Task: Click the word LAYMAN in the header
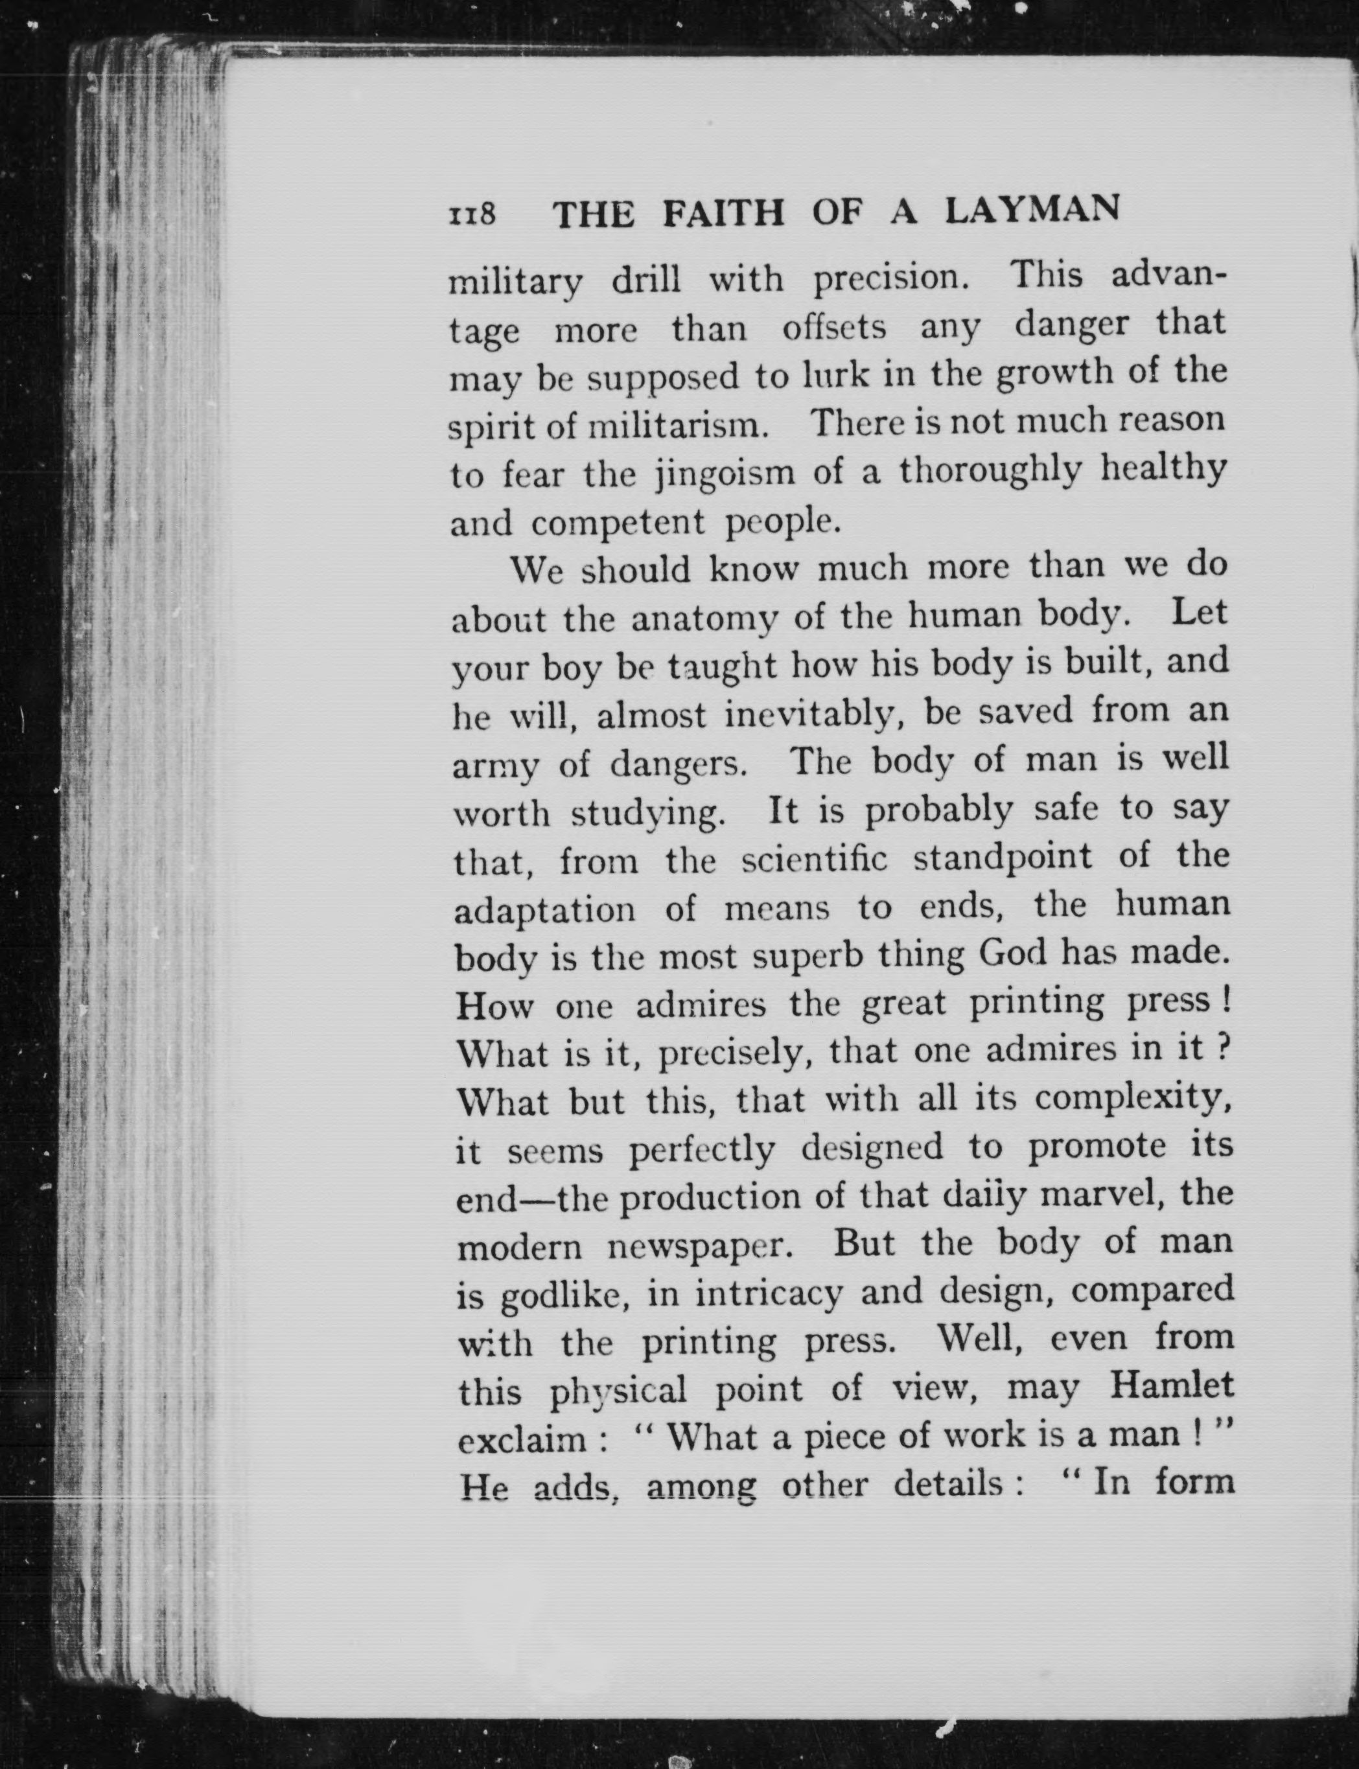click(1032, 211)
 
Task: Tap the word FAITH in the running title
click(723, 214)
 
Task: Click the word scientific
click(814, 860)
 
